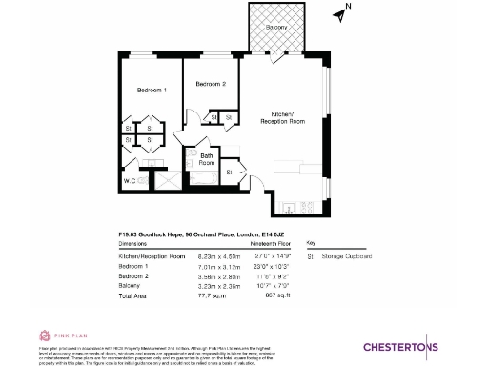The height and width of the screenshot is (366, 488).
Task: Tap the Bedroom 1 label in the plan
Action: coord(152,90)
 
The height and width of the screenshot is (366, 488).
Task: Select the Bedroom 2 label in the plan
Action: coord(211,85)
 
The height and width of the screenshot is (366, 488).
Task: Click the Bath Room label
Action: coord(206,160)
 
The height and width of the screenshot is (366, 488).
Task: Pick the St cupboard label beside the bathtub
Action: coord(230,173)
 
